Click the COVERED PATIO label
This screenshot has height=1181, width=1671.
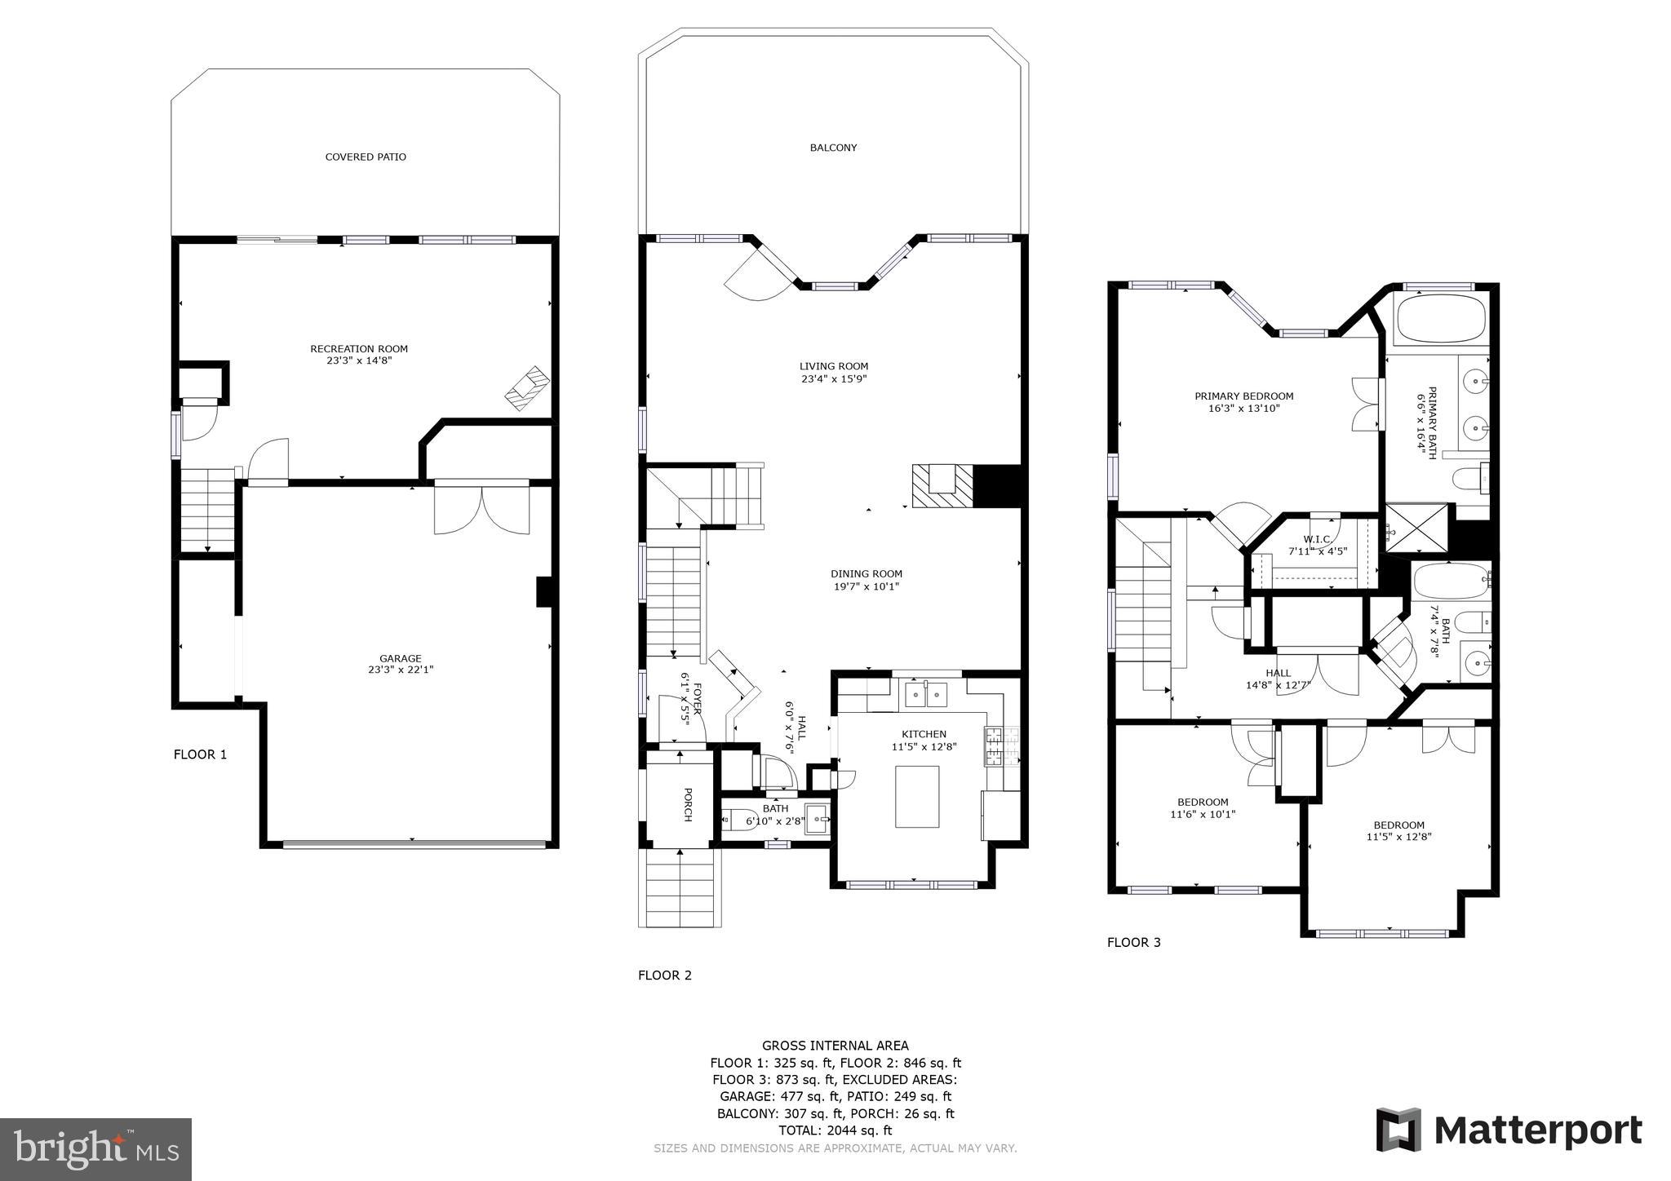(366, 157)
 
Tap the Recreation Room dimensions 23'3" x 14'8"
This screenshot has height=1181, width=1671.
(359, 360)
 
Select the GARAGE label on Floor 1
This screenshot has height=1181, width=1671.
(400, 658)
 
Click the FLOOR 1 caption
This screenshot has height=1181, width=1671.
(200, 754)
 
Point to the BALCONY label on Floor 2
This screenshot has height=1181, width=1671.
(833, 148)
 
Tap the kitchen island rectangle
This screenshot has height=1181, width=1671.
(917, 796)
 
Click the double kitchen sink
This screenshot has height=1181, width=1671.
(927, 696)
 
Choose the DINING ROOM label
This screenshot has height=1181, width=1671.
(867, 573)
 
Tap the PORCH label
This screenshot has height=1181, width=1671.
(687, 804)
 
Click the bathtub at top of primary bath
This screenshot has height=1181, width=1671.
(1440, 319)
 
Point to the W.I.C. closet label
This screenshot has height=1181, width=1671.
(1317, 539)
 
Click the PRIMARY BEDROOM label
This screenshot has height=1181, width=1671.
(1243, 396)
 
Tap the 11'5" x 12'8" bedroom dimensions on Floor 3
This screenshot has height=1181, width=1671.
(1398, 836)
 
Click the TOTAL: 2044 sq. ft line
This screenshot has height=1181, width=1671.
(835, 1130)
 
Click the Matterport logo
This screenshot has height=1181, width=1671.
(1509, 1130)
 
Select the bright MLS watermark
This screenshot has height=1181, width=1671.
(95, 1148)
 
